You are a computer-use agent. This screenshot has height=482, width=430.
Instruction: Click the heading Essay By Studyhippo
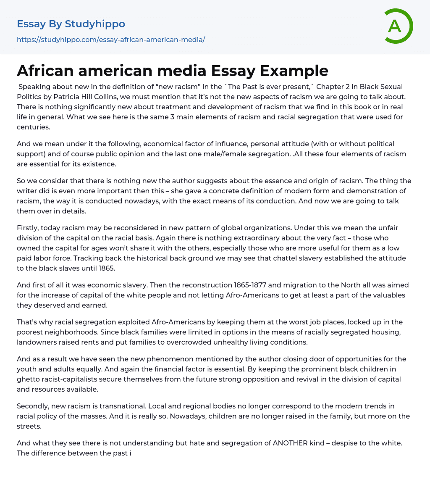[x=71, y=24]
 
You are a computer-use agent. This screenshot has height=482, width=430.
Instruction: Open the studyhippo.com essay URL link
[x=111, y=40]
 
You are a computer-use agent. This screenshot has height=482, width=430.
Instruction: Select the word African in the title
[x=46, y=71]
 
